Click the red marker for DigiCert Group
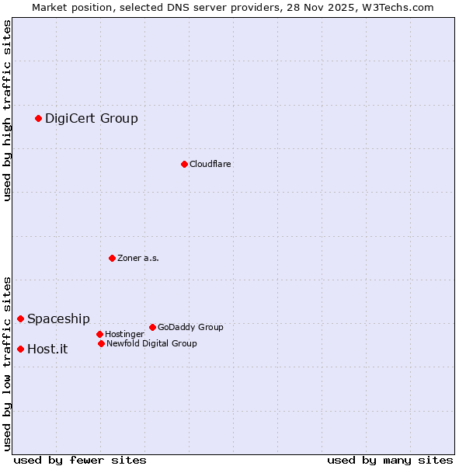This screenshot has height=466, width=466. (x=38, y=118)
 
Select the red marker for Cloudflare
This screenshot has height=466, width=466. (x=184, y=164)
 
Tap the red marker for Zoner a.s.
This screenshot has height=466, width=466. (x=112, y=258)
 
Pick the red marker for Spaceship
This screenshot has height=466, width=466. (x=20, y=318)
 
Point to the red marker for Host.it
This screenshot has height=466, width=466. (x=20, y=349)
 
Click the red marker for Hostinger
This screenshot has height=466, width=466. (x=99, y=334)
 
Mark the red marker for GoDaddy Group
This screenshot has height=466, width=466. (x=152, y=327)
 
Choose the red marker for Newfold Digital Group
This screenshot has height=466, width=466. (x=101, y=343)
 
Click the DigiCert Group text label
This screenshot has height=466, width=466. (x=91, y=118)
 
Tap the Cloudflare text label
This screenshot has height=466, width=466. (x=210, y=164)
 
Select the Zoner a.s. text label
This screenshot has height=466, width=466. (x=138, y=258)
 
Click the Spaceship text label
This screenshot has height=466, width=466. (x=58, y=318)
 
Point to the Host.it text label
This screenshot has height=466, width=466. (x=47, y=349)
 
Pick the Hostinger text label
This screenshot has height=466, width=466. (x=124, y=334)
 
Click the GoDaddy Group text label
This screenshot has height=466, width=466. (x=190, y=327)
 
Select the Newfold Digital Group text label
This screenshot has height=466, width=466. (x=151, y=343)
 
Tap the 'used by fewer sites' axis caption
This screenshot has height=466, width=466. (x=80, y=460)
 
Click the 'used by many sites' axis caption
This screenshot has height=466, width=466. (x=390, y=460)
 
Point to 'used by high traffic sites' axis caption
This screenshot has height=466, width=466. (x=7, y=110)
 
